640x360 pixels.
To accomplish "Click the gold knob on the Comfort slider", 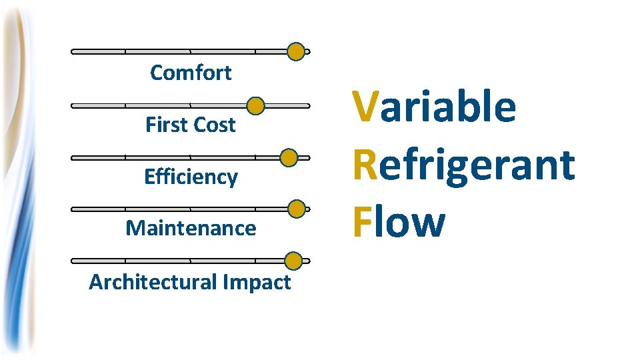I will pos(296,51).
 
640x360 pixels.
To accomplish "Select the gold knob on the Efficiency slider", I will pos(288,158).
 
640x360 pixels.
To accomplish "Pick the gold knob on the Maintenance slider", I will pos(297,209).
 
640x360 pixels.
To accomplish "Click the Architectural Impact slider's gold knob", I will pos(293,261).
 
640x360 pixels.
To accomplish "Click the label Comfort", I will pos(191,72).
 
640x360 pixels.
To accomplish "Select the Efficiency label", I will pos(191,177).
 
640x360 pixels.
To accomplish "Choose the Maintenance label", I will pos(191,228).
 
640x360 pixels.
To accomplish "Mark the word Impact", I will pos(257,283).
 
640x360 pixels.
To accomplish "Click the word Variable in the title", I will pos(434,107).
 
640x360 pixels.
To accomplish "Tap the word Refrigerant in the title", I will pos(463,164).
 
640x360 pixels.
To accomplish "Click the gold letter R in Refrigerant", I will pos(365,164).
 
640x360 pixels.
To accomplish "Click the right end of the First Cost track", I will pos(308,105).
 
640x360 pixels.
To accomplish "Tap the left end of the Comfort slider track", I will pos(73,51).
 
